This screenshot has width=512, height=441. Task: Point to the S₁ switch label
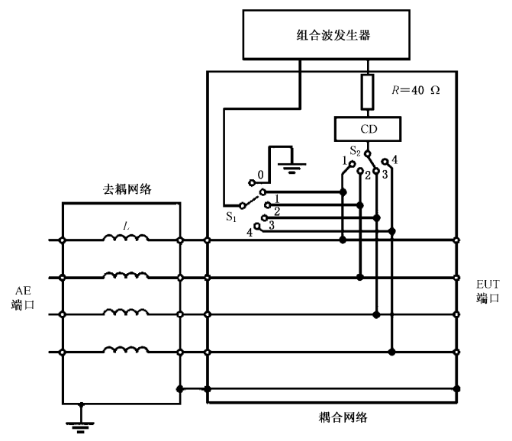click(231, 216)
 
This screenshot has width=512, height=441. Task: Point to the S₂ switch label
click(356, 150)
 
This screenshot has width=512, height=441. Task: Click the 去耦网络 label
click(127, 188)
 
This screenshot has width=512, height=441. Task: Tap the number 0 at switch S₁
click(261, 173)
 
